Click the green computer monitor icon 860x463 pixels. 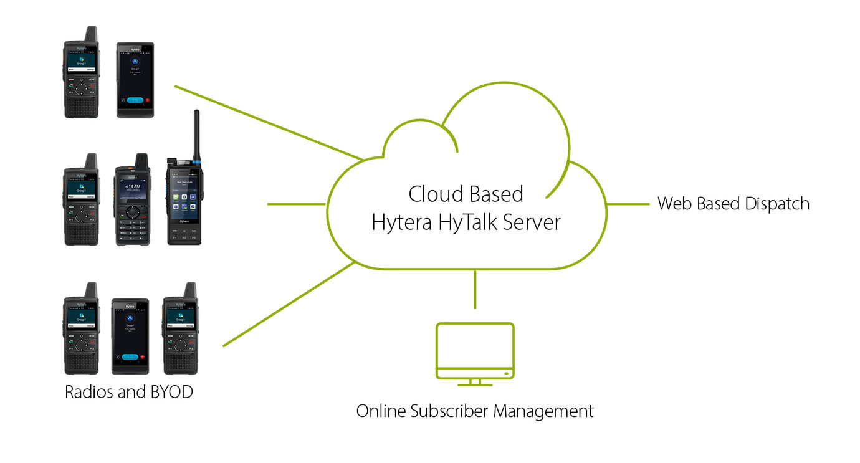[x=475, y=350]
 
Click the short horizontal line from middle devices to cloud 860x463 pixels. [x=296, y=204]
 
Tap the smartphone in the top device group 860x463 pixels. [x=135, y=80]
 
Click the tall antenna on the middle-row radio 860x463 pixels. [x=196, y=134]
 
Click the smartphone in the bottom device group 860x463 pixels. [x=130, y=337]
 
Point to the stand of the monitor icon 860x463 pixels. [x=475, y=382]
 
